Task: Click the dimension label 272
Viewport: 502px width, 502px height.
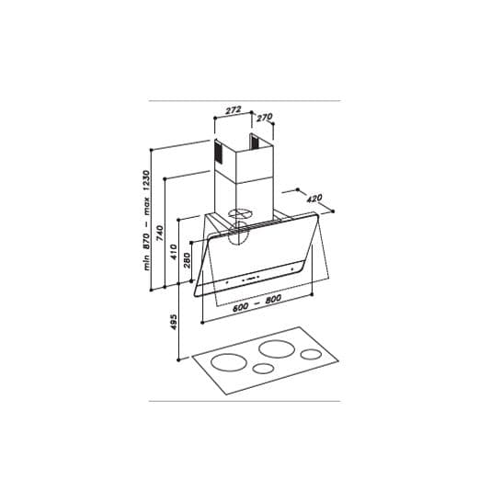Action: coord(233,109)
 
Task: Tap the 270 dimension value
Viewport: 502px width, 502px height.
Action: coord(264,117)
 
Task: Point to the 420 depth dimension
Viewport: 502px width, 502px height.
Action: coord(313,198)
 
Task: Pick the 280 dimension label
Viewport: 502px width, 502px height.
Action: coord(188,260)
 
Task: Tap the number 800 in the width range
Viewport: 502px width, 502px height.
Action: coord(273,302)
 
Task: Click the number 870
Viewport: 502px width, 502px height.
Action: coord(147,241)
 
